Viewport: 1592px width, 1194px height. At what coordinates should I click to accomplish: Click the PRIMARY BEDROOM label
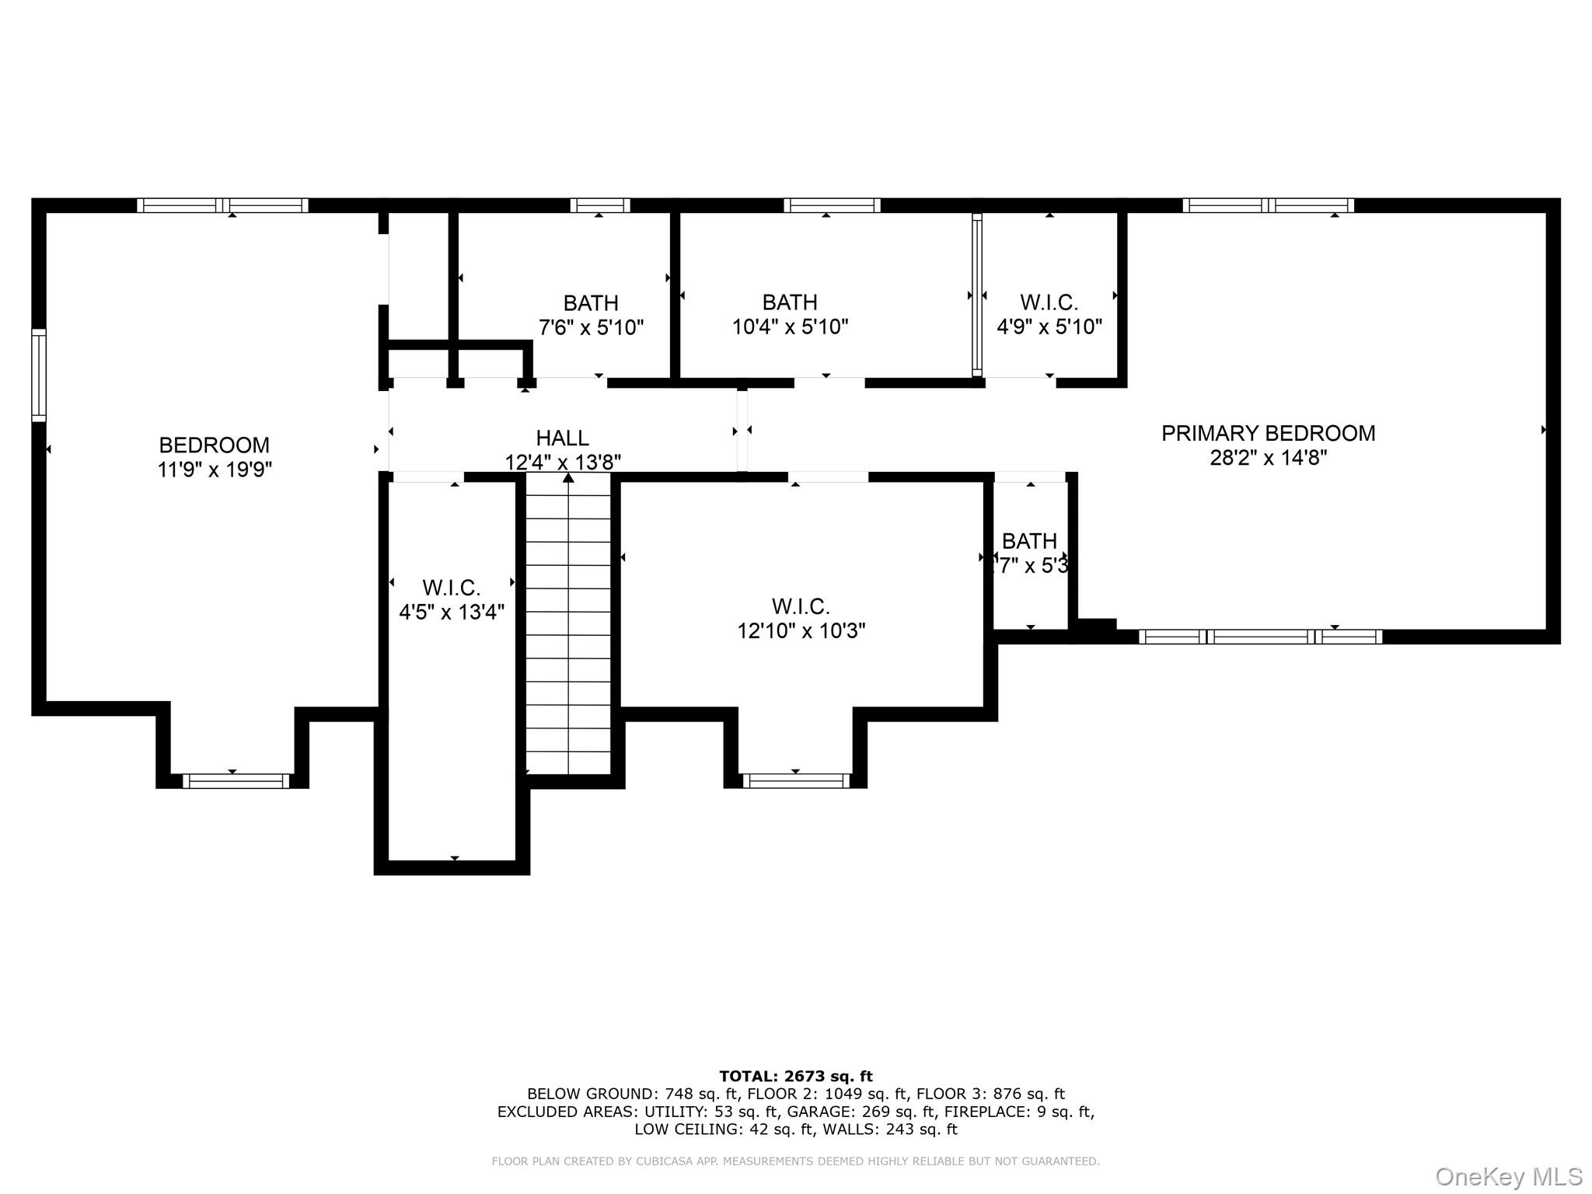coord(1268,433)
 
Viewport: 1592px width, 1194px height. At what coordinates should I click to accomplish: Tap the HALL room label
coord(562,438)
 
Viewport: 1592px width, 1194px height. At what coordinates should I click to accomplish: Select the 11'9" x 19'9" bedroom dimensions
coord(215,470)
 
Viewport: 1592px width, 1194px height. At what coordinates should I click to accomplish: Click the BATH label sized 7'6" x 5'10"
coord(591,302)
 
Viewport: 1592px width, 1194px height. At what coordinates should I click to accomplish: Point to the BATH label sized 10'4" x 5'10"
coord(789,302)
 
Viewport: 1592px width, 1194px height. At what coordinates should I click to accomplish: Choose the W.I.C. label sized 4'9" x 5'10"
coord(1049,302)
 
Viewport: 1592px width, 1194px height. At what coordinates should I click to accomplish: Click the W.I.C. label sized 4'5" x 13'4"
coord(451,588)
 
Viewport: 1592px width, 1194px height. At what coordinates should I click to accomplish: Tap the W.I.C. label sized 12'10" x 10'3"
coord(801,606)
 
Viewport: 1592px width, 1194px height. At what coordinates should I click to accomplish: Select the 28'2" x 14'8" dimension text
coord(1268,458)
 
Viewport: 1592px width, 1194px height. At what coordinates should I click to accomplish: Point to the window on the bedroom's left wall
coord(38,375)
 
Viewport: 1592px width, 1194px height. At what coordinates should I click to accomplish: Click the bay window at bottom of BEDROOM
coord(236,780)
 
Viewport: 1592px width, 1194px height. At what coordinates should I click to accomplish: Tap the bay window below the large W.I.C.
coord(796,780)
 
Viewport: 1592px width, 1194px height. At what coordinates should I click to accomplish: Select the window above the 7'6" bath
coord(599,205)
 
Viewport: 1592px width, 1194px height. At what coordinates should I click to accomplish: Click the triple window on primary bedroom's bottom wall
coord(1260,637)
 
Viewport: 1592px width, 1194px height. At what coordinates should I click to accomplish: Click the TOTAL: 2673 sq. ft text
coord(795,1077)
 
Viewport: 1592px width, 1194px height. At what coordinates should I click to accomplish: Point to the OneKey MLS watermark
coord(1508,1176)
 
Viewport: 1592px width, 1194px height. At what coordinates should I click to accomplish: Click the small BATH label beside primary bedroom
coord(1028,540)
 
